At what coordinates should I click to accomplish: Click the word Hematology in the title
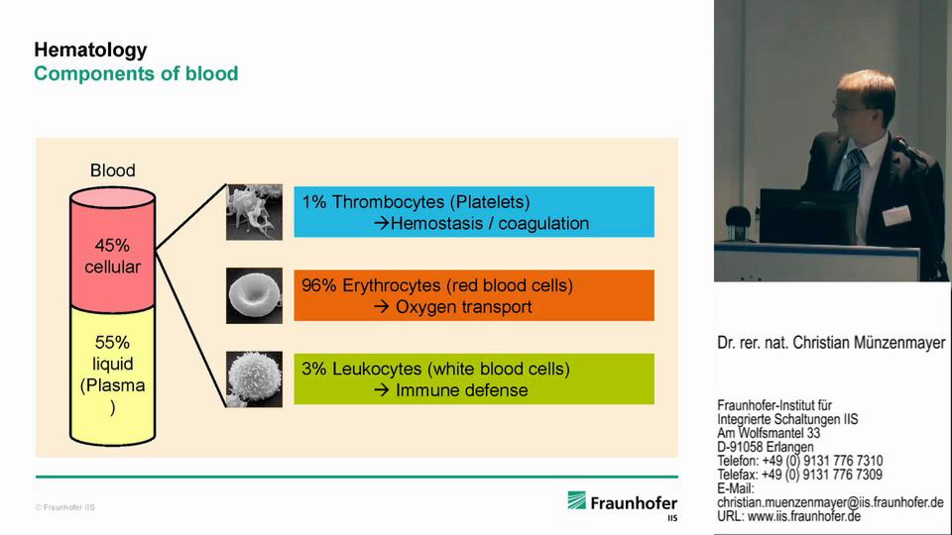(90, 50)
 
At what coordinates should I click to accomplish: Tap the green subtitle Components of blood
(136, 74)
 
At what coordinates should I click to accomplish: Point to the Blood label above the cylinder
(113, 170)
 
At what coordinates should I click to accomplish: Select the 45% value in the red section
(112, 245)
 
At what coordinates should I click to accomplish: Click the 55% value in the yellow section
(112, 342)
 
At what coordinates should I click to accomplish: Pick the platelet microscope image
(254, 212)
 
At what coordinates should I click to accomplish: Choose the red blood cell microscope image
(254, 296)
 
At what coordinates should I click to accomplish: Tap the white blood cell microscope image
(254, 379)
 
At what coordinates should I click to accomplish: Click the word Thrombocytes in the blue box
(388, 202)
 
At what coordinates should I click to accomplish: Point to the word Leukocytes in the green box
(377, 369)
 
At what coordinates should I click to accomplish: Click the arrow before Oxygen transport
(382, 307)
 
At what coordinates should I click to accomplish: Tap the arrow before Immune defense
(382, 391)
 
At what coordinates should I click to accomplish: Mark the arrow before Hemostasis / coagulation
(382, 224)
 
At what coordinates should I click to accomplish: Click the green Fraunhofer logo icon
(576, 500)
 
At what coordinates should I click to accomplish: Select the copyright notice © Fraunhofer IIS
(65, 507)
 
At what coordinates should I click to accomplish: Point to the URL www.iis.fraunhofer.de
(804, 516)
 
